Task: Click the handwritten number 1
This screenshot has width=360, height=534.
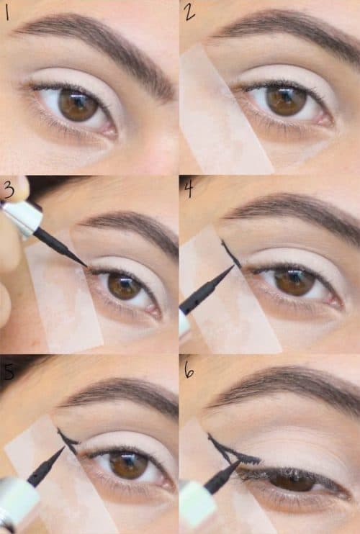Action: (6, 13)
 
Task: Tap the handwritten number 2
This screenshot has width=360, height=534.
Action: (189, 12)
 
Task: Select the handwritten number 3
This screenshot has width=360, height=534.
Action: (9, 191)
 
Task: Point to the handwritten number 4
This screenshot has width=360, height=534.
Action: (189, 189)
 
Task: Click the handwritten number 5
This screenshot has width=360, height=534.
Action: (8, 371)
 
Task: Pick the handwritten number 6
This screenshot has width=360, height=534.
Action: (189, 370)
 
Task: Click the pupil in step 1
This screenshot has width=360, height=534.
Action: (78, 104)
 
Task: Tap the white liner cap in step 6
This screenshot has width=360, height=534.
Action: (196, 501)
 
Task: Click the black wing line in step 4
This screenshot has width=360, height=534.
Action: (230, 254)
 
